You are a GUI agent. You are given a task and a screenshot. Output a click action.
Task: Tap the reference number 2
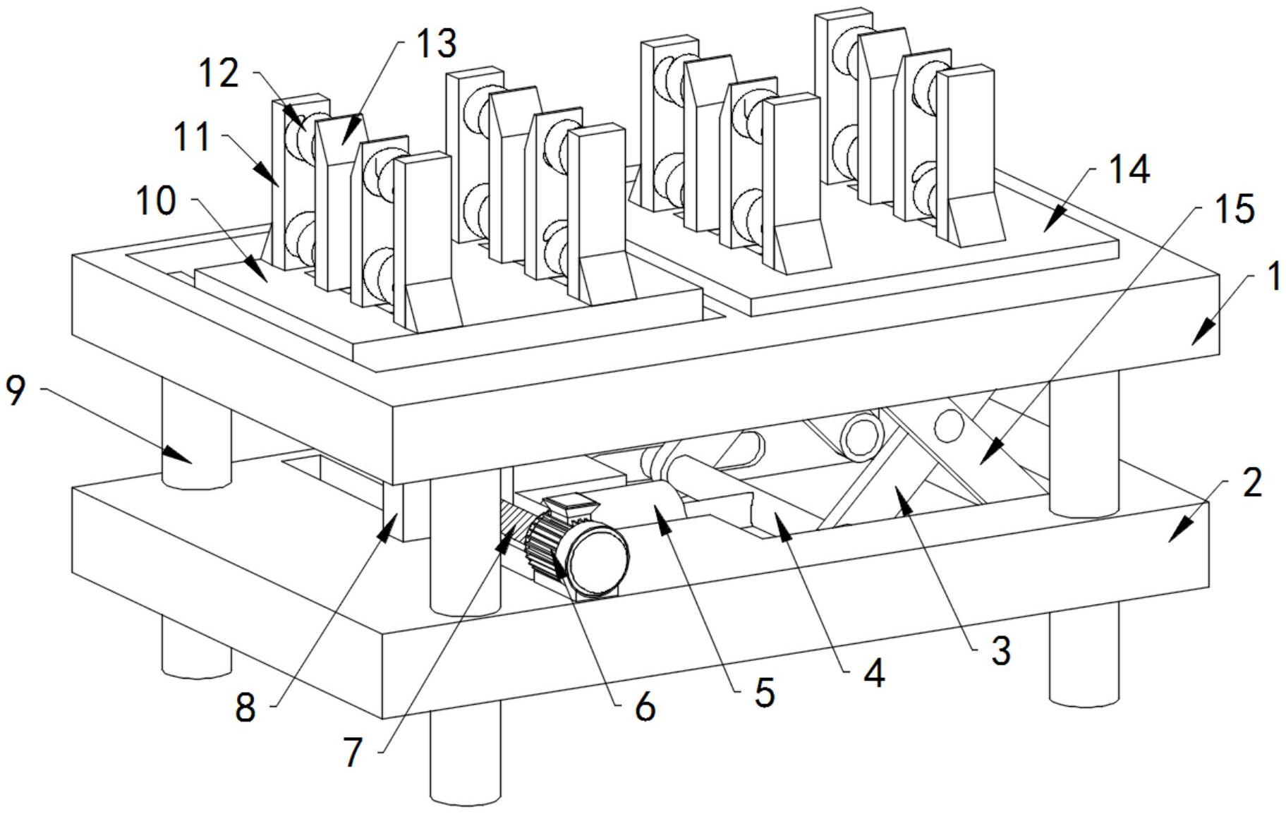coord(1251,484)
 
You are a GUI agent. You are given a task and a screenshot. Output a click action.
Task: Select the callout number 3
coord(1001,650)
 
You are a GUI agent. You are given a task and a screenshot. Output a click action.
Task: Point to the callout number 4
coord(873,674)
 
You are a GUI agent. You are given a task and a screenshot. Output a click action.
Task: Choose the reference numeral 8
coord(245,707)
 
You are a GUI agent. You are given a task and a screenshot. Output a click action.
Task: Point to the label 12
coord(218,73)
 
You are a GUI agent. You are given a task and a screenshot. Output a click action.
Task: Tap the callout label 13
coord(436,43)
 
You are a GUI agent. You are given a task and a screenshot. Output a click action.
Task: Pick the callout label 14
coord(1129,169)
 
